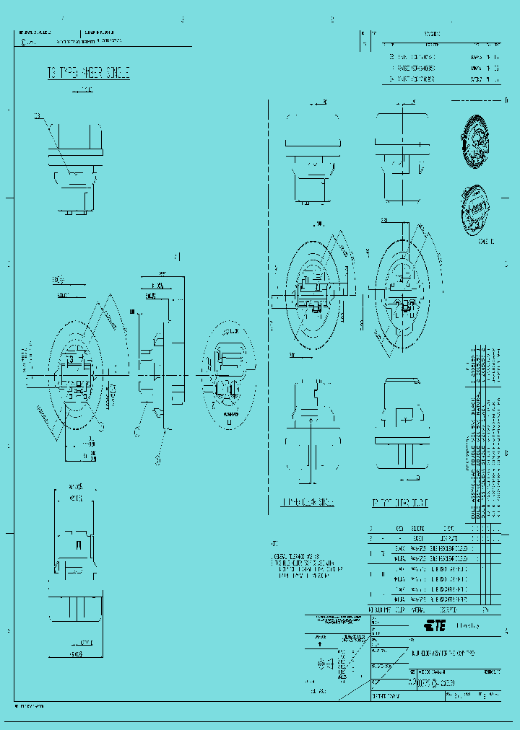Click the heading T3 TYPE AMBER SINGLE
tap(88, 73)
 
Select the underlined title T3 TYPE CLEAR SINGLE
tap(308, 502)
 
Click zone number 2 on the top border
tap(331, 19)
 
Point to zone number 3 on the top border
tap(182, 19)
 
